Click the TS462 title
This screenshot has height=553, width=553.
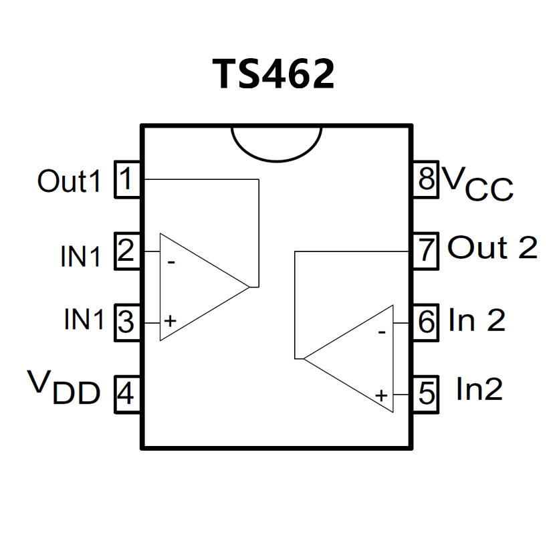[x=273, y=74]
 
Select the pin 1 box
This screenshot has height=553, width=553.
[x=127, y=179]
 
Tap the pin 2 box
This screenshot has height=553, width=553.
[x=127, y=251]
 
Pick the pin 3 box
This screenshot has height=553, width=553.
[x=127, y=323]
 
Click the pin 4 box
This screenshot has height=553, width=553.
[x=127, y=394]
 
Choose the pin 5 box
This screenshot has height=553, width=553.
[x=425, y=394]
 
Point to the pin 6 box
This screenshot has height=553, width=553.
[x=425, y=323]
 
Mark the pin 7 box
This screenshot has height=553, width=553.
[x=425, y=251]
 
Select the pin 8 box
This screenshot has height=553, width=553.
[x=425, y=179]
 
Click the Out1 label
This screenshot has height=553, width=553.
[x=69, y=181]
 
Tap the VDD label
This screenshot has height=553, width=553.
[x=64, y=388]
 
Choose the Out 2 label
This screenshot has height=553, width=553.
[x=492, y=248]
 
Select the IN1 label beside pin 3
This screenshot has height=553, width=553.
[x=84, y=320]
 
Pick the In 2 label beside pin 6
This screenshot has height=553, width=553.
[x=477, y=320]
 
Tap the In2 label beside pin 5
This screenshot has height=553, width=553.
[x=479, y=389]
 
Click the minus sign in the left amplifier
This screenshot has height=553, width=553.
[x=171, y=262]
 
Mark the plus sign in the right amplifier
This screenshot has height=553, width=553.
[x=381, y=395]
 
